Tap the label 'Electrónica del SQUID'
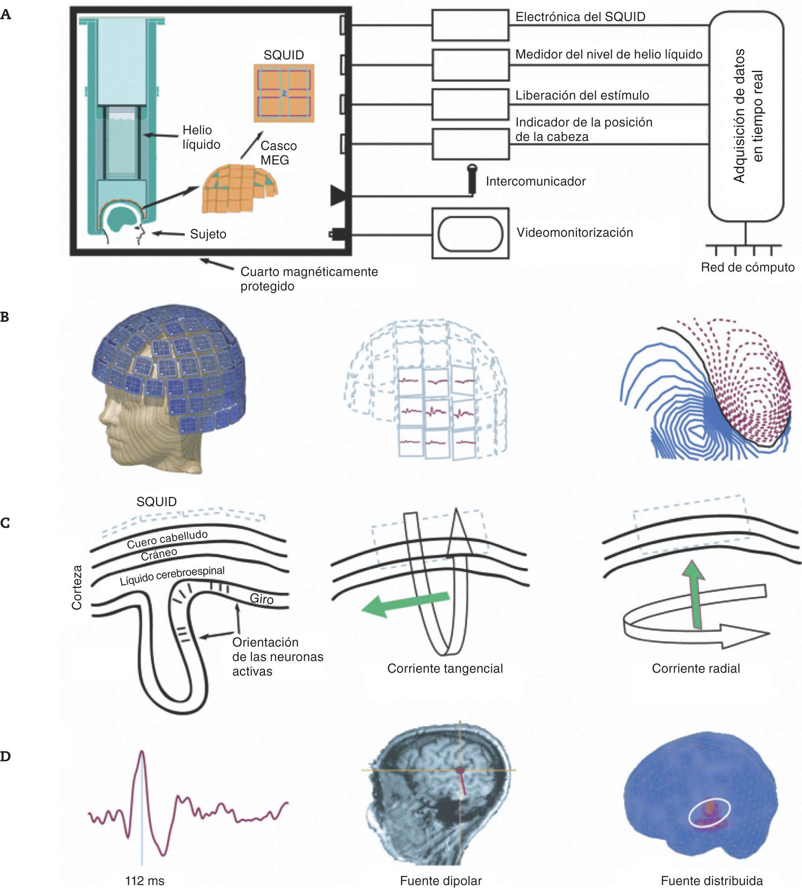(580, 17)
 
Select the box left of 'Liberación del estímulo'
(470, 104)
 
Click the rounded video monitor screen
(470, 234)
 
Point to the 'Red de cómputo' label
(747, 267)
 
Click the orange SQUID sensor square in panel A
(284, 93)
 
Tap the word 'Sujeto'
(208, 234)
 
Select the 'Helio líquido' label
(201, 137)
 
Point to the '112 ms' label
(145, 881)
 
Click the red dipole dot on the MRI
(460, 770)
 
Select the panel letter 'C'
(5, 523)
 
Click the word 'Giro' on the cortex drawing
(262, 599)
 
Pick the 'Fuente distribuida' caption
(711, 881)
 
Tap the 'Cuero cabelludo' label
(167, 540)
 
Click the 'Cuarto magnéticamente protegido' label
(308, 279)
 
